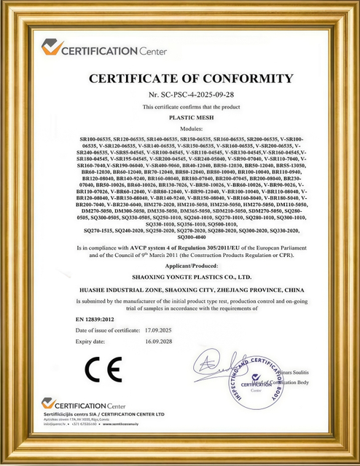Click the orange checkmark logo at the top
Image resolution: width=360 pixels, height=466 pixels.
tap(52, 47)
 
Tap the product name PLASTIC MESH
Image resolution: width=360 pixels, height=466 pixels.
tap(179, 116)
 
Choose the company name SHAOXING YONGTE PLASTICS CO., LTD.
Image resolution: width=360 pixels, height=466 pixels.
tap(179, 277)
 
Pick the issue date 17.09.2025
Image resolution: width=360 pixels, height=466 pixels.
tap(165, 330)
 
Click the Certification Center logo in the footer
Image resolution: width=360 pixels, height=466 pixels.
tap(83, 405)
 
